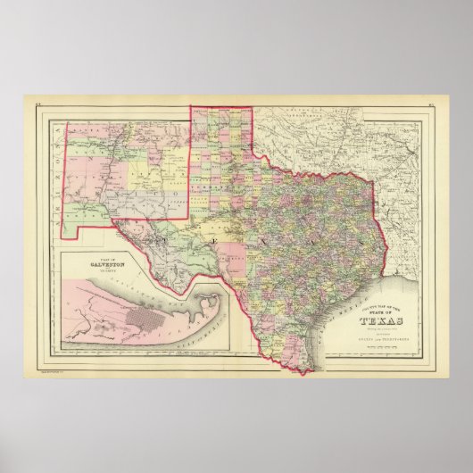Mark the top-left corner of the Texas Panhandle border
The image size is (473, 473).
point(189,108)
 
